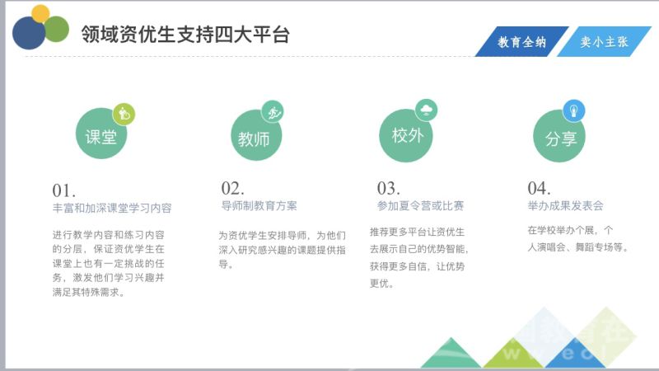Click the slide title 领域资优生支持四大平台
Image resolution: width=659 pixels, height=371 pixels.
pyautogui.click(x=185, y=34)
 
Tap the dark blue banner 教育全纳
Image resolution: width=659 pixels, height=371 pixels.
pyautogui.click(x=522, y=41)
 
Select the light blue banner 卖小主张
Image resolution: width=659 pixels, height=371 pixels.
pyautogui.click(x=604, y=41)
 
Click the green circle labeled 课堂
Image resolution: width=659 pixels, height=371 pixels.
pyautogui.click(x=101, y=134)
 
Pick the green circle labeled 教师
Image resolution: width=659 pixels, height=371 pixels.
pyautogui.click(x=256, y=135)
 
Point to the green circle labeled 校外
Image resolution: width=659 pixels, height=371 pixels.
pyautogui.click(x=406, y=135)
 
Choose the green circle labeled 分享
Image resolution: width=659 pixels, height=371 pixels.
pyautogui.click(x=559, y=136)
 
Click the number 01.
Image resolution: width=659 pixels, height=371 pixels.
pyautogui.click(x=64, y=190)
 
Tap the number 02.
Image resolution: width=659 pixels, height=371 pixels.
pyautogui.click(x=232, y=188)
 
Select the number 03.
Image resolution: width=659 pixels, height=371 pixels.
pyautogui.click(x=388, y=188)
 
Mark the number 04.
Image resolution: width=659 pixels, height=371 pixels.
pyautogui.click(x=539, y=188)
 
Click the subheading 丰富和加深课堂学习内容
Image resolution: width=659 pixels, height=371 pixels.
pyautogui.click(x=112, y=209)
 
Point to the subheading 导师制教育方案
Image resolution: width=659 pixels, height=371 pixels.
pyautogui.click(x=259, y=205)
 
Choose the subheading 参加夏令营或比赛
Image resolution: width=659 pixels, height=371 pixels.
pyautogui.click(x=420, y=205)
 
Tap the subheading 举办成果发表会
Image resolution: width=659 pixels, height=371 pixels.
pyautogui.click(x=565, y=205)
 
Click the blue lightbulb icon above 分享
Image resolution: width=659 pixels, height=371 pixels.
pyautogui.click(x=573, y=110)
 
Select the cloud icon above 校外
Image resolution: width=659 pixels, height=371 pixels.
pyautogui.click(x=426, y=110)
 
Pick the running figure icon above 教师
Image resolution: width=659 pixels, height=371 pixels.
pyautogui.click(x=273, y=112)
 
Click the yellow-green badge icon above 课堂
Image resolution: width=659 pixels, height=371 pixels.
pyautogui.click(x=124, y=114)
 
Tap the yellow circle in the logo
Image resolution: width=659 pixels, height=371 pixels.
pyautogui.click(x=40, y=14)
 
